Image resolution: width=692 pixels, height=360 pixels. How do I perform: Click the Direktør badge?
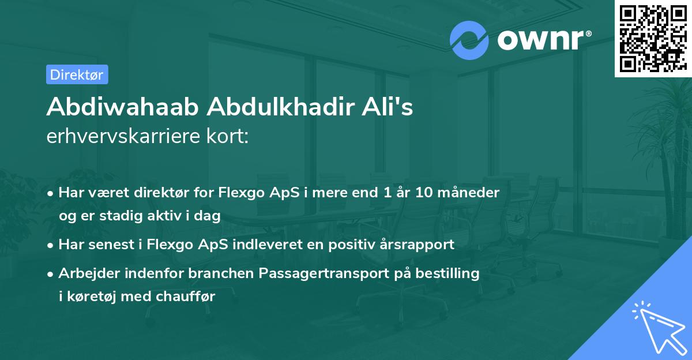coord(77,74)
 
